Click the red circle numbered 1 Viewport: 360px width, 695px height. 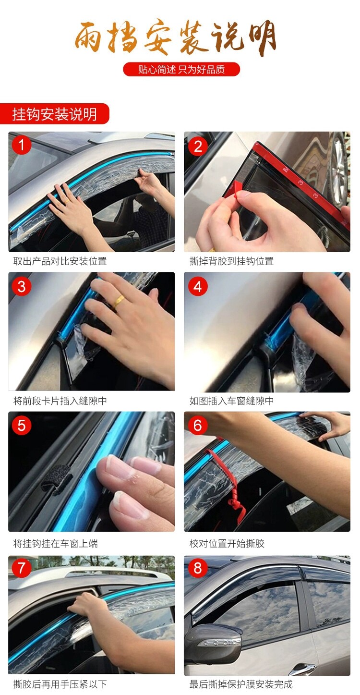[22, 145]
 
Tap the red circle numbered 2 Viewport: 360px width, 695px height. [198, 146]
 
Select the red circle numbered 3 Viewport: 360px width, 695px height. [22, 286]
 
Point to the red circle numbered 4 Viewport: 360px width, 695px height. [198, 286]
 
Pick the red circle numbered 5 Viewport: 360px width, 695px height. [22, 426]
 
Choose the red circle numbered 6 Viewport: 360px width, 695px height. [198, 426]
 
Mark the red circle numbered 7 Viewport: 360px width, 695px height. [22, 568]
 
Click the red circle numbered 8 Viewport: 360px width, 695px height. [198, 568]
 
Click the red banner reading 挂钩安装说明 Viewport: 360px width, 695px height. [55, 114]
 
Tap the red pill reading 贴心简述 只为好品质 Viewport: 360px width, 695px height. [181, 69]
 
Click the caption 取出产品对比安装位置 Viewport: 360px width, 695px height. [60, 261]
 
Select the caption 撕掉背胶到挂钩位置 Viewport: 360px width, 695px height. [231, 261]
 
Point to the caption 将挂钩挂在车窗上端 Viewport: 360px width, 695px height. [55, 544]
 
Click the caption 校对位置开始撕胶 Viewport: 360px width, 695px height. [227, 544]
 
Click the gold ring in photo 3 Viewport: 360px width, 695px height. [119, 300]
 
